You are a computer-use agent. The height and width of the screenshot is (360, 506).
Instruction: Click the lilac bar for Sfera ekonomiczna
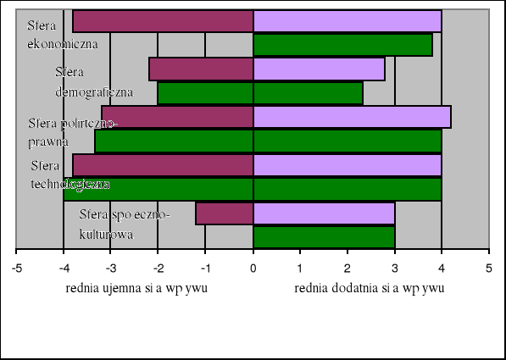click(x=348, y=20)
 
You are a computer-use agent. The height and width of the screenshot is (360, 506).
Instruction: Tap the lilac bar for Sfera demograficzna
click(x=319, y=69)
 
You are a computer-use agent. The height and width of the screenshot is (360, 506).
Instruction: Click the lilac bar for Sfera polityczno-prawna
click(x=352, y=117)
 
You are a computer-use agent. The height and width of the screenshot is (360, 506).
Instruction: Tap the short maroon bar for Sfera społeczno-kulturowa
click(x=225, y=213)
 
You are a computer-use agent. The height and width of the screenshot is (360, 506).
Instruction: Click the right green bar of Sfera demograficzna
click(x=308, y=92)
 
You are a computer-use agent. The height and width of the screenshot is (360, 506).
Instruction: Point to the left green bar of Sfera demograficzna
click(x=205, y=92)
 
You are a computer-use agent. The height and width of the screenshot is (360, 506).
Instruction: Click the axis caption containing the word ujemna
click(x=136, y=288)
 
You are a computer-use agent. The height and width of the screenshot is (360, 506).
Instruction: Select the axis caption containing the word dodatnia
click(x=369, y=288)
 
